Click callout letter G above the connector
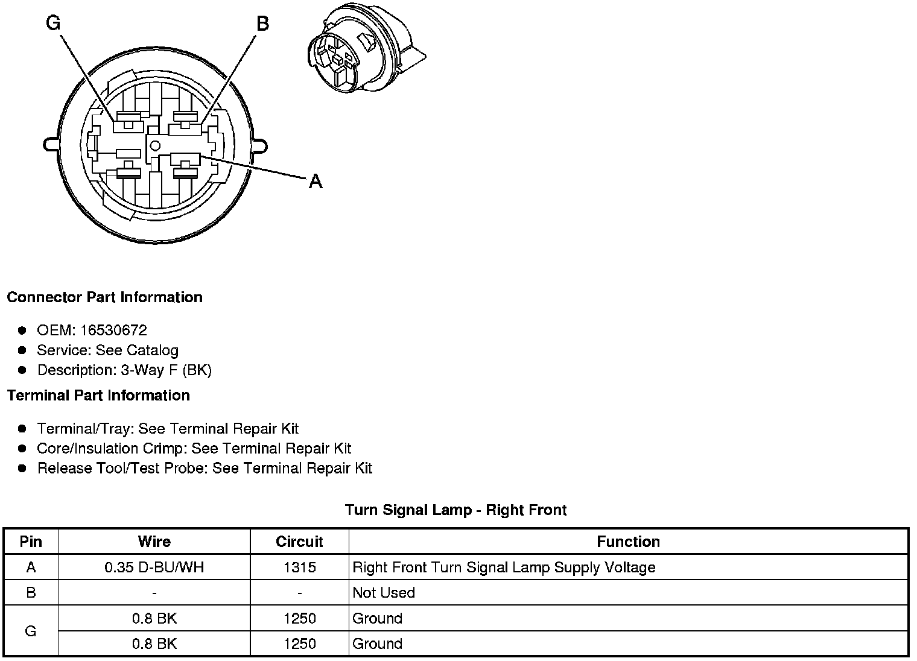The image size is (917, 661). (53, 23)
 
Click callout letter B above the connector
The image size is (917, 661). (262, 24)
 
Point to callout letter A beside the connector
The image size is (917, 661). (316, 181)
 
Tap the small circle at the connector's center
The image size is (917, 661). (154, 145)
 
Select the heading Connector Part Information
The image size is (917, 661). (104, 297)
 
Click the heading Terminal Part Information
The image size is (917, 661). (98, 396)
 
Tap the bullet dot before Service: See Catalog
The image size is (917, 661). (22, 350)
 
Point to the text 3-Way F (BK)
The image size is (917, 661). (166, 370)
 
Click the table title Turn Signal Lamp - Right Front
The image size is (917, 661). (455, 510)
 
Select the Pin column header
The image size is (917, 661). (31, 542)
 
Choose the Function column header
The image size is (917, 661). (628, 542)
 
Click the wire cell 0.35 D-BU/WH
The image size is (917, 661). (154, 568)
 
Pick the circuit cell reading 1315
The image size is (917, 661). (299, 568)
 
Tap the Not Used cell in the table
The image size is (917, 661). (384, 593)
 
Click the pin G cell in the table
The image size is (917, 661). (31, 631)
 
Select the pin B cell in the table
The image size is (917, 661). (31, 593)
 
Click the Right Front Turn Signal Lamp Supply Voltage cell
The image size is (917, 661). (504, 568)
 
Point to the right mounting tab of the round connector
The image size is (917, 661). (260, 145)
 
